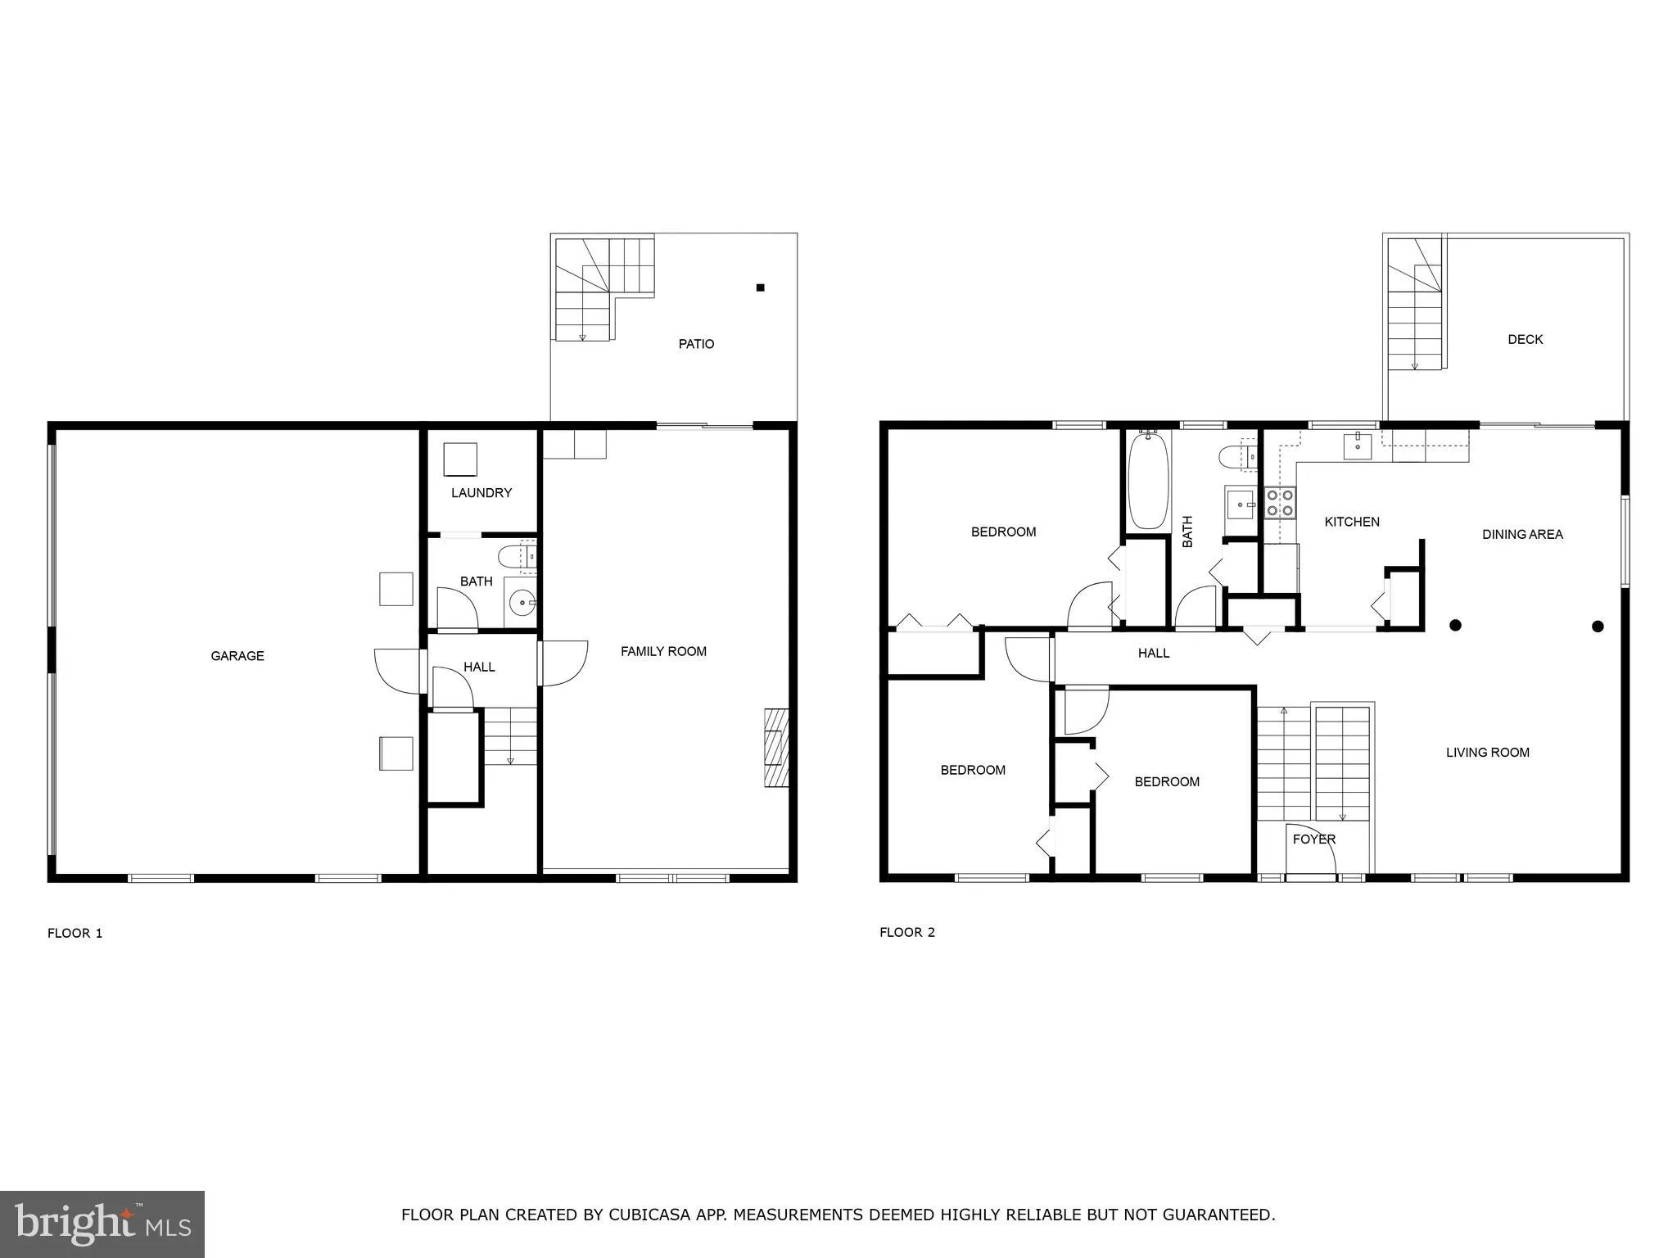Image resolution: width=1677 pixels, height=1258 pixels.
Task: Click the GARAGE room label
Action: click(x=237, y=656)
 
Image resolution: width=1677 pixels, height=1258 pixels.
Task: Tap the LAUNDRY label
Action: click(x=481, y=493)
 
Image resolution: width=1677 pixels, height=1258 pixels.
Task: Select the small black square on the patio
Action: click(x=760, y=287)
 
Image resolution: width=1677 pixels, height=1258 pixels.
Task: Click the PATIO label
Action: click(x=696, y=344)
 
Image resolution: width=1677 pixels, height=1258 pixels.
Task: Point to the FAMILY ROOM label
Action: click(x=663, y=652)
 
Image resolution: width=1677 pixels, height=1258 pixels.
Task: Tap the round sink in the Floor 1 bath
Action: click(x=521, y=604)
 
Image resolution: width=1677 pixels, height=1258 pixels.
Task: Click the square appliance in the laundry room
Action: click(x=460, y=459)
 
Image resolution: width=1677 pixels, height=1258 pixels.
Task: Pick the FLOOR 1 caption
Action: click(x=75, y=933)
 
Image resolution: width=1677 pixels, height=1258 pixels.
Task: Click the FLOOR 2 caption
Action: click(x=907, y=932)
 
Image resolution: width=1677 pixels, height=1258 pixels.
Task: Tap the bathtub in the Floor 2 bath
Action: click(x=1148, y=482)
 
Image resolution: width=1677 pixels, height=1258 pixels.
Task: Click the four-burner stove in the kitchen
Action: click(x=1281, y=503)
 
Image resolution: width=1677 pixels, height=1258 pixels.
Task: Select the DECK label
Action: click(x=1526, y=339)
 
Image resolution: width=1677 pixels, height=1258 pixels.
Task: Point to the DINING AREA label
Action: click(x=1522, y=535)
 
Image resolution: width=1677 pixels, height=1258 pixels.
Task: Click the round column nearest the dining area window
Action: click(x=1597, y=627)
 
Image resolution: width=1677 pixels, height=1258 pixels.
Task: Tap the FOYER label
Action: click(x=1314, y=839)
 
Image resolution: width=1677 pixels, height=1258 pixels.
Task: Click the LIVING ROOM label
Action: click(x=1487, y=753)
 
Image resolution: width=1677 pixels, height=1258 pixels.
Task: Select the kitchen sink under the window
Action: click(x=1358, y=447)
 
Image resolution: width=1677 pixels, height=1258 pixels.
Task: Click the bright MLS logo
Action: click(x=102, y=1224)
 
